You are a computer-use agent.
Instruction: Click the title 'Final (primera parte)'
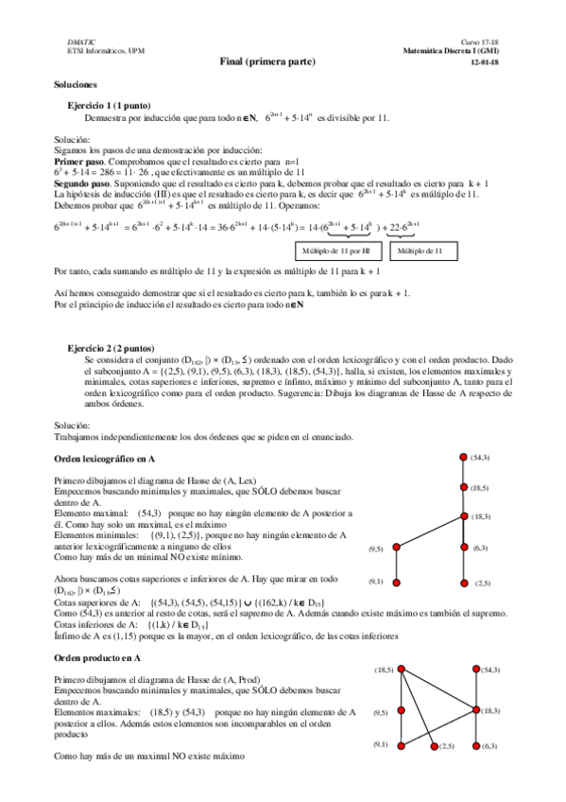(281, 61)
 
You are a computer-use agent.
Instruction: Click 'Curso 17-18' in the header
(480, 43)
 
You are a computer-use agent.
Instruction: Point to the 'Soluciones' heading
(77, 85)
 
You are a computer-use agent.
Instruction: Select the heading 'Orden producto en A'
(97, 656)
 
